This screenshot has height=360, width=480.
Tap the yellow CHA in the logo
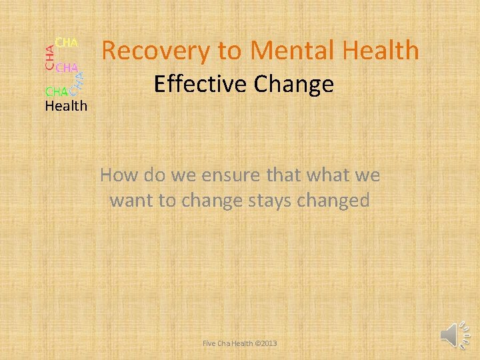point(67,43)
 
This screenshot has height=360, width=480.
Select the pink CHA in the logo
point(67,67)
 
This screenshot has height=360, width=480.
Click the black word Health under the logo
point(66,105)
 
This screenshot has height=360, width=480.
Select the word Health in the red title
point(377,51)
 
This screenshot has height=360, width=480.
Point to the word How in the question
point(119,176)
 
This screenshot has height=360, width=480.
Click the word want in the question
point(131,200)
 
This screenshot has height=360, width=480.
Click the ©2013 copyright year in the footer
point(265,343)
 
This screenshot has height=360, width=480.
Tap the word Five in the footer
point(209,343)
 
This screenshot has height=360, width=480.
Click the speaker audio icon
point(453,333)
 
